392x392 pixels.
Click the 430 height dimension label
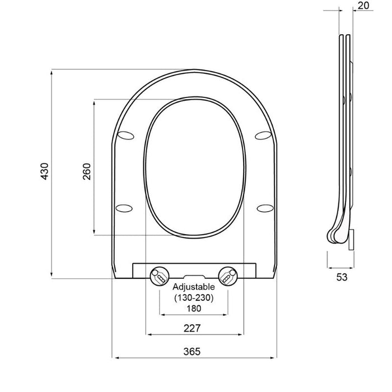pos(45,173)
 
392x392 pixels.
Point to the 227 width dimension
pos(193,328)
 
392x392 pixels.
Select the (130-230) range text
pos(193,298)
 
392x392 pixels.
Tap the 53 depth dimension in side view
pos(342,277)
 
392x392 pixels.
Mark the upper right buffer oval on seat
pos(262,134)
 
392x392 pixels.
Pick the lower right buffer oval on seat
pos(264,208)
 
